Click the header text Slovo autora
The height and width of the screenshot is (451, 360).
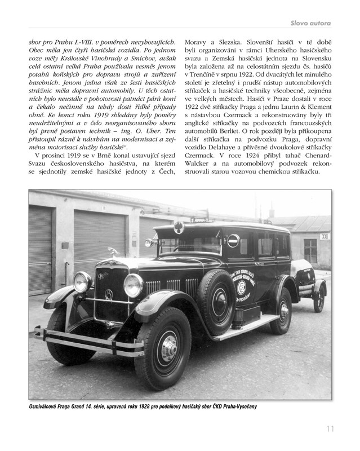pyautogui.click(x=310, y=23)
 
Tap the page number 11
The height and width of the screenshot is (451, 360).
pyautogui.click(x=330, y=429)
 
